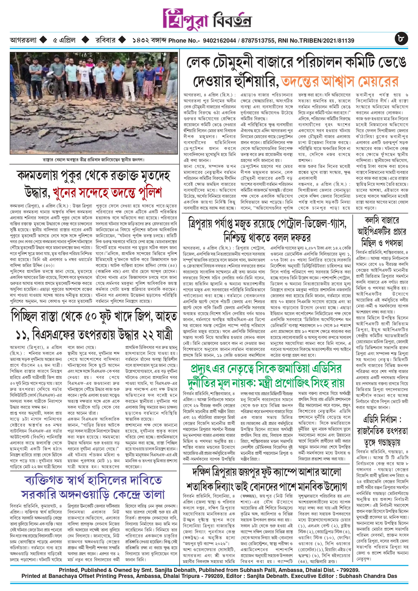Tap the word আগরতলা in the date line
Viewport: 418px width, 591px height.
coord(23,40)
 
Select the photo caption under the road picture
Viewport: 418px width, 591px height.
coord(94,159)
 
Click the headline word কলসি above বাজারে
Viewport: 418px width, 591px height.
coord(372,220)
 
